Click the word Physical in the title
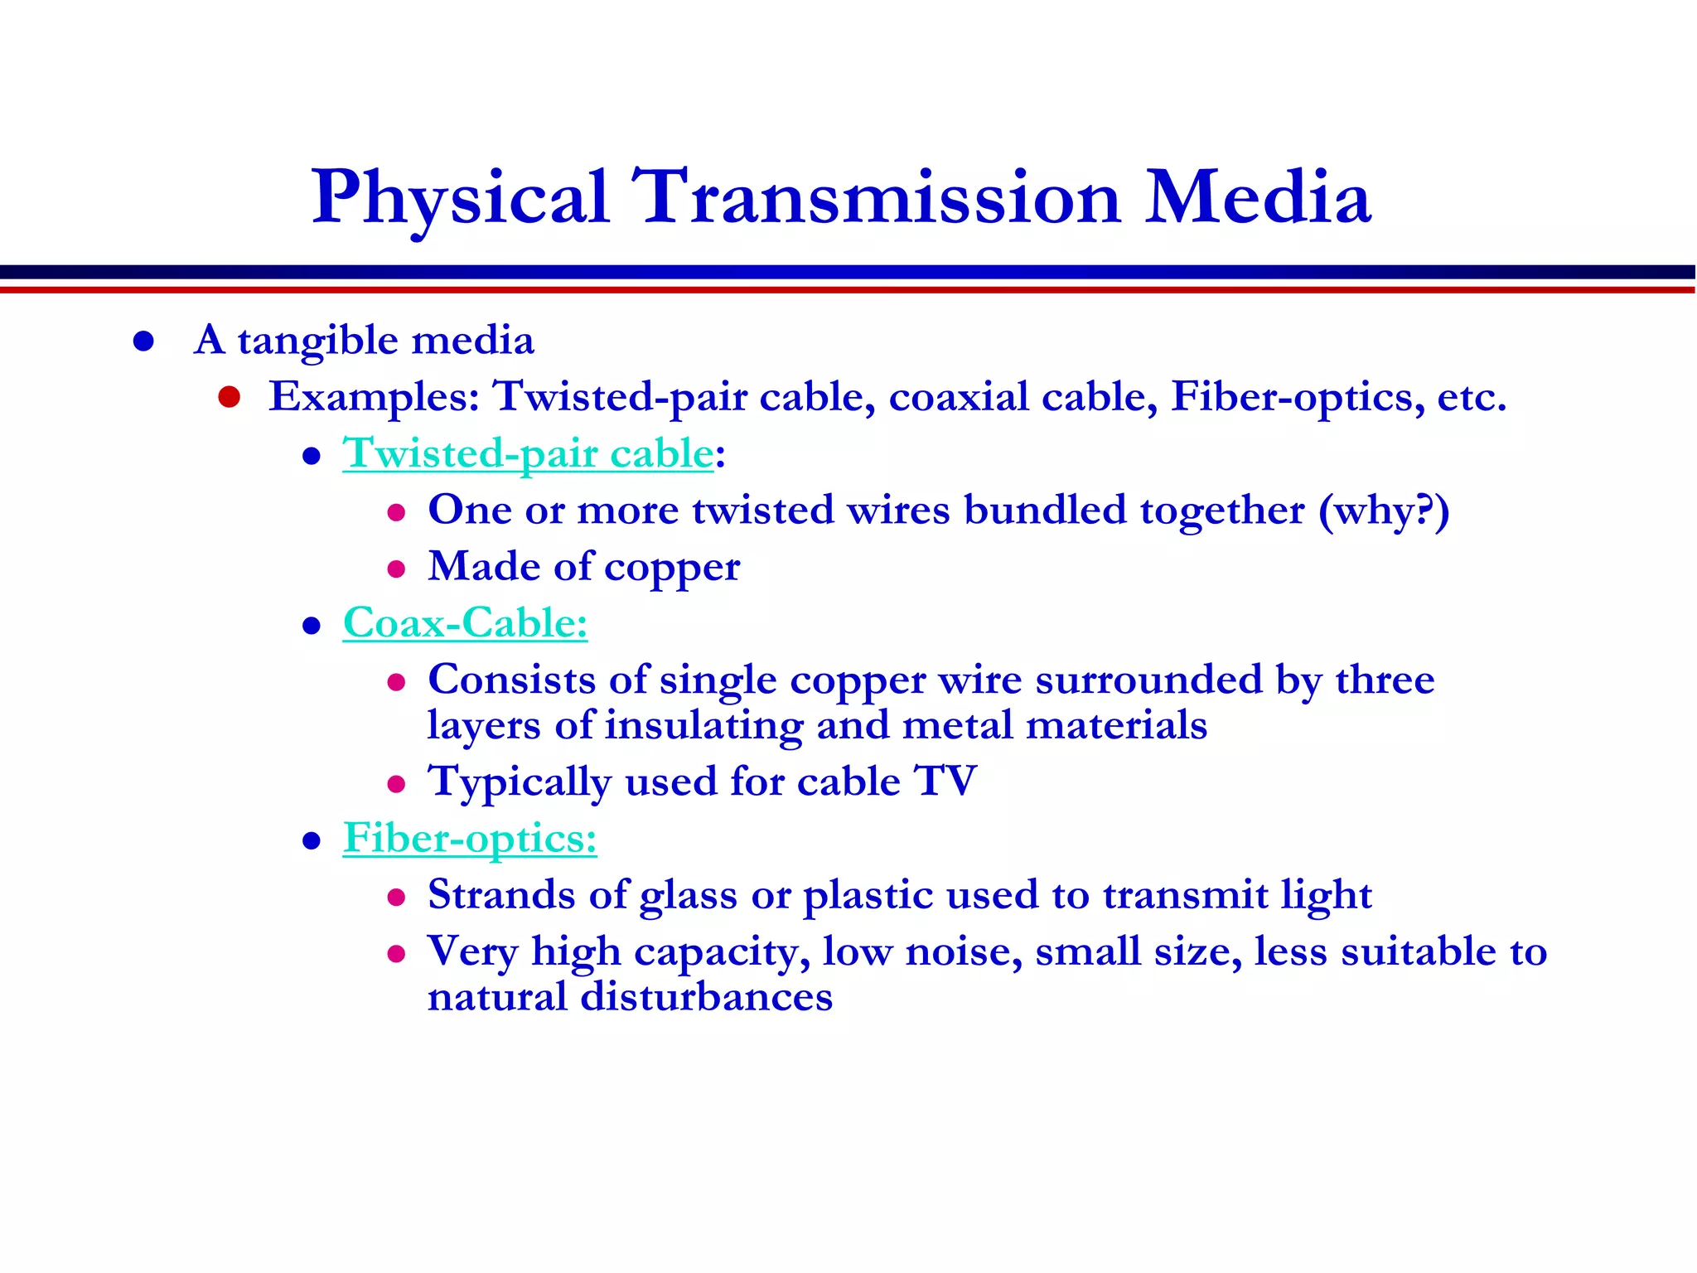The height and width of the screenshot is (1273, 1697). tap(461, 199)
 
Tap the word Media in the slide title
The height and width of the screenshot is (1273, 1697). tap(1258, 199)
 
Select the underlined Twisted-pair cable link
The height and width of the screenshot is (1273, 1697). tap(528, 454)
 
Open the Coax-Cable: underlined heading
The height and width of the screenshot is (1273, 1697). tap(465, 623)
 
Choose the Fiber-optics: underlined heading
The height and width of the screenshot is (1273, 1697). tap(470, 839)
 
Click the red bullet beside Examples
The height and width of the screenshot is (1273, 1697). tap(230, 397)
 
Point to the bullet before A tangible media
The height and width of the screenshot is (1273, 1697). tap(143, 341)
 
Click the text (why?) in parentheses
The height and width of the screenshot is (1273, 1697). tap(1383, 511)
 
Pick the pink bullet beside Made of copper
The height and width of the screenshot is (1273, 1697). tap(396, 569)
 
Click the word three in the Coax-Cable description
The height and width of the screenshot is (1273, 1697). tap(1385, 680)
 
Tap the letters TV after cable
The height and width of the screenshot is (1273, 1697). tap(945, 782)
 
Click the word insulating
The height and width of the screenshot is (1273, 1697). tap(704, 727)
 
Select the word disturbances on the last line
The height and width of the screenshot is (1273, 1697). tap(706, 997)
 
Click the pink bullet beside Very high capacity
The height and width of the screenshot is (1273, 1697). tap(396, 954)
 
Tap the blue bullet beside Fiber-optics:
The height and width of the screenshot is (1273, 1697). tap(312, 841)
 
